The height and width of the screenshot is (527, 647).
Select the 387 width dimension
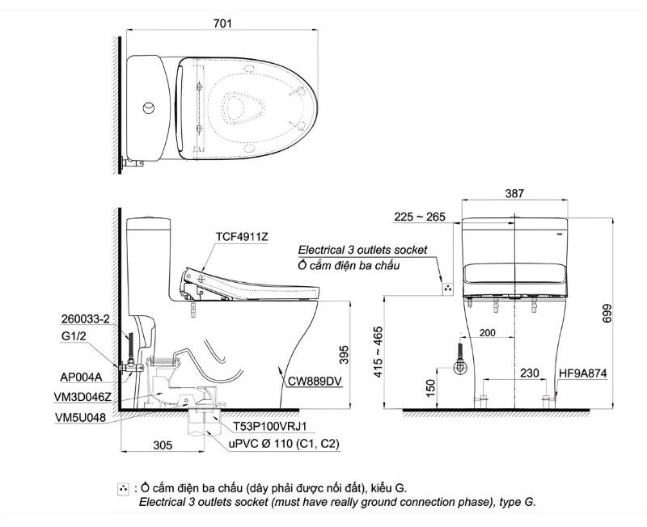pos(514,193)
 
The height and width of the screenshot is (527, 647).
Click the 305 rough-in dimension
pos(163,444)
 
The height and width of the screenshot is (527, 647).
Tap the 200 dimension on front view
pos(487,333)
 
